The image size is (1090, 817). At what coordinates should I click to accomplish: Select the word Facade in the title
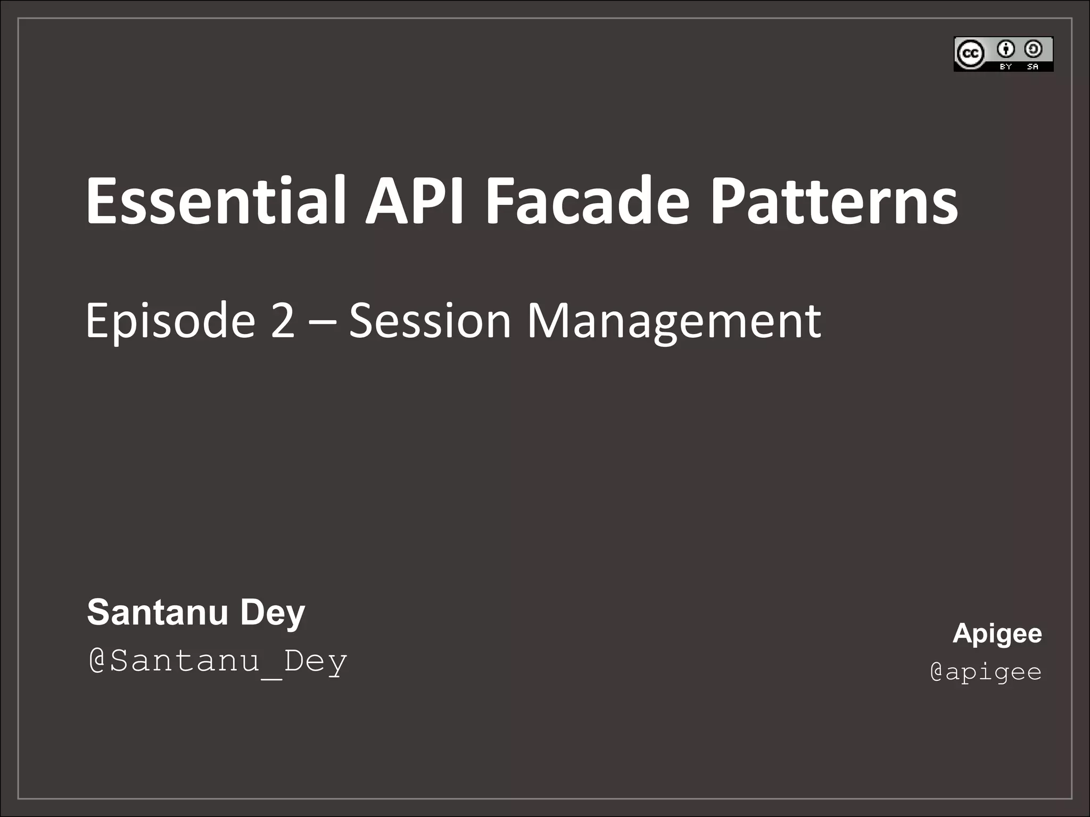pos(588,201)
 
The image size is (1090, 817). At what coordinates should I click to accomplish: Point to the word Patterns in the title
pos(835,201)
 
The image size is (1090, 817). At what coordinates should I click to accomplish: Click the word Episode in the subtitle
pos(170,321)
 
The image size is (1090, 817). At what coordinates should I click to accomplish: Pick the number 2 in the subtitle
pos(283,320)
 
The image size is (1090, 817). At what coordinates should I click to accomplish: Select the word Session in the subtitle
pos(430,320)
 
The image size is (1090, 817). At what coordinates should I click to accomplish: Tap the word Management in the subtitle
pos(674,321)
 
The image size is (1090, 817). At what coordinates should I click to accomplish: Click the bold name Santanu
pos(158,612)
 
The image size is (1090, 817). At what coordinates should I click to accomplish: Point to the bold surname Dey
pos(272,613)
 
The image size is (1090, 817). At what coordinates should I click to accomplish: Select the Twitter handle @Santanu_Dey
pos(218,661)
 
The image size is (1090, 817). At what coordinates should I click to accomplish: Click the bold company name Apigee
pos(997,633)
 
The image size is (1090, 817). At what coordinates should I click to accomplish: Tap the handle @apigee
pos(986,671)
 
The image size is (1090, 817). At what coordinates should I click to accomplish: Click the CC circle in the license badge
pos(970,54)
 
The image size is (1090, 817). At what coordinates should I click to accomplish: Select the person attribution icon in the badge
pos(1005,49)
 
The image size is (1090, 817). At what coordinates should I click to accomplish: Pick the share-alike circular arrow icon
pos(1033,49)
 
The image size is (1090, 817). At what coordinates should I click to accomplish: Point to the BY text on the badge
pos(1005,67)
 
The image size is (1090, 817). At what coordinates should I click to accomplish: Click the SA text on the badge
pos(1033,67)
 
